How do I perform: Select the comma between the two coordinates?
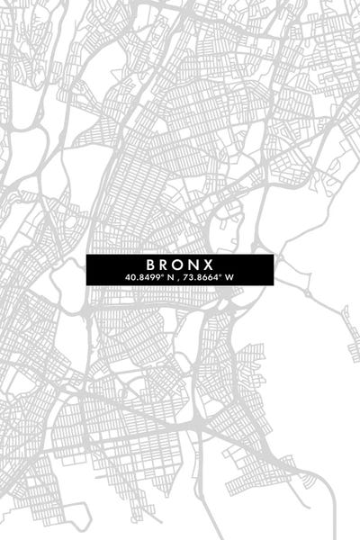click(178, 278)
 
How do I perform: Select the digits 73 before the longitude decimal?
click(190, 277)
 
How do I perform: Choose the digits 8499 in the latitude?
click(148, 277)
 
